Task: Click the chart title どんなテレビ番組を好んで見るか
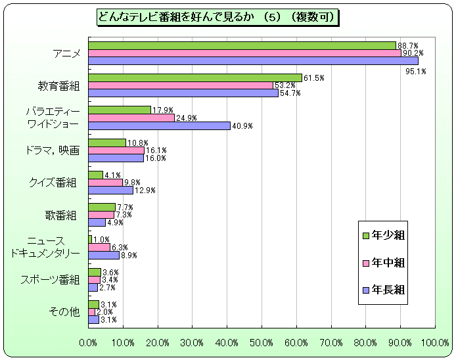[217, 17]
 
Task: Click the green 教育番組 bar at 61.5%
[195, 78]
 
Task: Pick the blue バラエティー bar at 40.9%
[159, 125]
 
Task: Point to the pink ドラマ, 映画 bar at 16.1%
[116, 150]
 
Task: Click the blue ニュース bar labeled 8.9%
[104, 255]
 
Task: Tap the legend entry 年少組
[384, 235]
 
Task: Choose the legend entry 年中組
[384, 263]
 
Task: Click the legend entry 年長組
[384, 290]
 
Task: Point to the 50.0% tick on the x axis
[262, 343]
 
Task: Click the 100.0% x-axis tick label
[435, 343]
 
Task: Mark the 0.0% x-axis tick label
[88, 343]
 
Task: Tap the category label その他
[64, 312]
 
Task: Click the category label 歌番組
[62, 215]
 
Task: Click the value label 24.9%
[186, 118]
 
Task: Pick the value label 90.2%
[413, 53]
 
